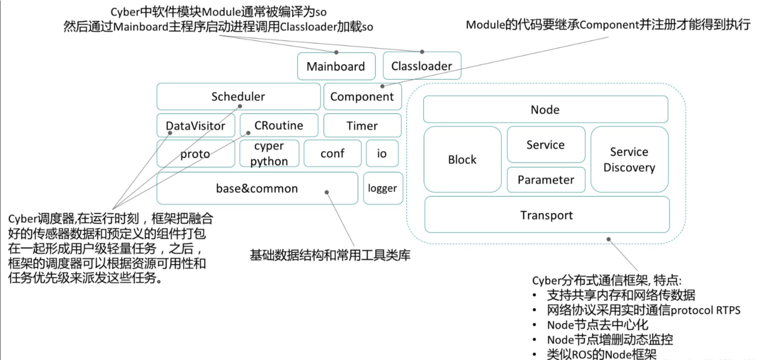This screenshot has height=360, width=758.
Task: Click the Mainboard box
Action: (336, 66)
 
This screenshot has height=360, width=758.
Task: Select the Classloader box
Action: (422, 65)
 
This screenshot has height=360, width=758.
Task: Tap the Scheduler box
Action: (238, 96)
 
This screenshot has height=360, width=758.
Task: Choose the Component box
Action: (362, 96)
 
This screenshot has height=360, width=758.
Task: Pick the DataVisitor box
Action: (195, 125)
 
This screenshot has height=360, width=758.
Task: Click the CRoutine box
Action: (279, 125)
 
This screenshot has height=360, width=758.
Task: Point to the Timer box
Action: (362, 125)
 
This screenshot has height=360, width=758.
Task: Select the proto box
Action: (195, 154)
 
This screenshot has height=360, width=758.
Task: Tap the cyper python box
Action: (269, 153)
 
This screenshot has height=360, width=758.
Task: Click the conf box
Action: (332, 153)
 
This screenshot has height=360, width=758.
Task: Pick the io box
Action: (382, 153)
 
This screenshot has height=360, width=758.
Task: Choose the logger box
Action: (383, 188)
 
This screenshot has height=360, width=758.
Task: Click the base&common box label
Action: (257, 188)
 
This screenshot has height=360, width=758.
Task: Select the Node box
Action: (546, 109)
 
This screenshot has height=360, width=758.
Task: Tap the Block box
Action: (462, 159)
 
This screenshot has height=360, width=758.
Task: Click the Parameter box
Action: (546, 180)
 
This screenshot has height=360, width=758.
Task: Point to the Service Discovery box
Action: (630, 159)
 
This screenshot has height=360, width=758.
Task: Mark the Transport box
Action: (547, 215)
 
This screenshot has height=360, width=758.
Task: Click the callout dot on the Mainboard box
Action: (336, 53)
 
